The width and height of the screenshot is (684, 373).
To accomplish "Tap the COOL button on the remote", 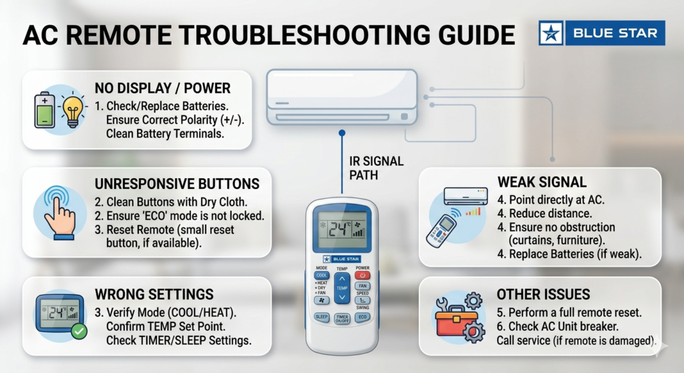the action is click(x=321, y=276).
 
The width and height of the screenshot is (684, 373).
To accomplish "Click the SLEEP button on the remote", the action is click(x=321, y=317).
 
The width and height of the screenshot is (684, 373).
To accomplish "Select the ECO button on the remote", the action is click(x=363, y=317).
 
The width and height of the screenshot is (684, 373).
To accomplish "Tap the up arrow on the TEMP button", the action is click(x=342, y=279).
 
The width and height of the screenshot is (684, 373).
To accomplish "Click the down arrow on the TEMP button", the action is click(x=342, y=297).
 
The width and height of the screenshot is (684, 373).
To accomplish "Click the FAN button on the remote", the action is click(x=363, y=286).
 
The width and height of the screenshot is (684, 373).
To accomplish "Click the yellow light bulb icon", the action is click(x=73, y=110).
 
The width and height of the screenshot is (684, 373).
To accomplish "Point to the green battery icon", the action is click(x=45, y=110).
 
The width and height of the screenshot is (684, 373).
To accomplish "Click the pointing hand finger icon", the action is click(x=59, y=214).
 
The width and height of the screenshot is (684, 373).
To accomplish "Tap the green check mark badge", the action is click(x=79, y=332).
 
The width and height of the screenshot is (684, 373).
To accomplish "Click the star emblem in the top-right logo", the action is click(x=551, y=33).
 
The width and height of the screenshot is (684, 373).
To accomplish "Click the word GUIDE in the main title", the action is click(x=468, y=35).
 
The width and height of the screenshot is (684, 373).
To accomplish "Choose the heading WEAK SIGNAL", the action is click(x=542, y=182).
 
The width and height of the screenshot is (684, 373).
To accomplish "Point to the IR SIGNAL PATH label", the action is click(x=376, y=168).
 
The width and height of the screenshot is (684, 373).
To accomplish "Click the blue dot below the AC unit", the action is click(x=342, y=133).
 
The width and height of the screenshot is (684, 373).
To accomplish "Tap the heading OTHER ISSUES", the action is click(x=543, y=294).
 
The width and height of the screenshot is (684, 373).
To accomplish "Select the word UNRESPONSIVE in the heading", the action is click(x=143, y=184).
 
